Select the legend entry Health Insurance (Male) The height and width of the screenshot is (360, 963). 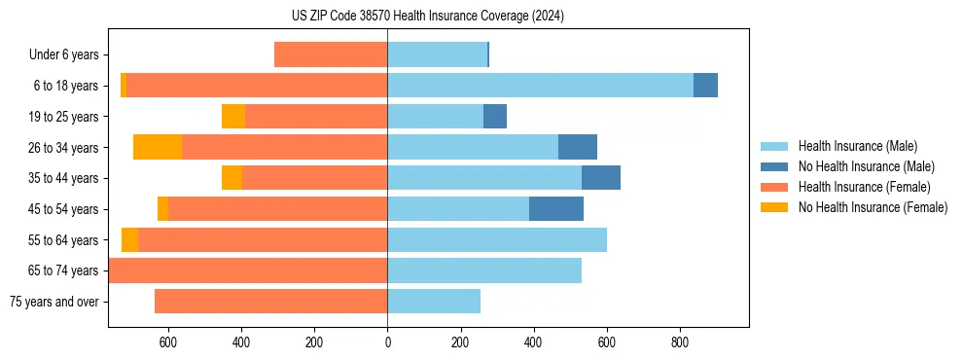856,146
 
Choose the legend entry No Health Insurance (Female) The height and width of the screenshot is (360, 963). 873,207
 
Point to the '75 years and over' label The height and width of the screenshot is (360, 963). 54,302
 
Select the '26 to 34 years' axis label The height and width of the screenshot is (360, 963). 63,148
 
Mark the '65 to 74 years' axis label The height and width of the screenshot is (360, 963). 63,270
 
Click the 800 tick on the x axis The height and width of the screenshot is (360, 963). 680,342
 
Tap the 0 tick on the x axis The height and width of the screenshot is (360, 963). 387,342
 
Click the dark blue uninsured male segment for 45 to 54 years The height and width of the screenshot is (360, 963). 556,209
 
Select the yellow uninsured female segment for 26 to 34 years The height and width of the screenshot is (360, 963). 158,147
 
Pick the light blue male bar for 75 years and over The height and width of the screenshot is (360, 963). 434,302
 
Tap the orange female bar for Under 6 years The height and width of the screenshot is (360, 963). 331,54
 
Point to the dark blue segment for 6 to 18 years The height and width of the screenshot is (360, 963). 705,86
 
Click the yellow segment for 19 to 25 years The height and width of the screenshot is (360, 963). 233,117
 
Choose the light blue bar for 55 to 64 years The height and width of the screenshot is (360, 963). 497,239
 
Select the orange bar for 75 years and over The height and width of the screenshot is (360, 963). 270,302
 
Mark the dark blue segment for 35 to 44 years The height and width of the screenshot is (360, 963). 601,178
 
